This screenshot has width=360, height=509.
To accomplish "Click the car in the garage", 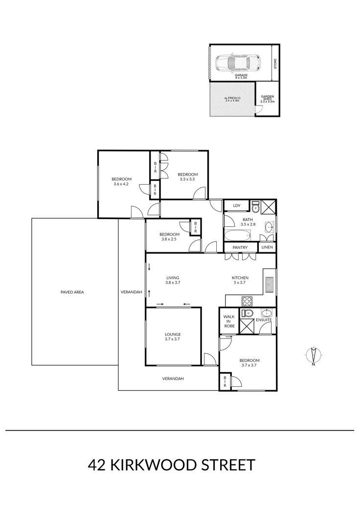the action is pos(238,62).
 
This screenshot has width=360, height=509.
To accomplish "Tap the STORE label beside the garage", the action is pos(275,63).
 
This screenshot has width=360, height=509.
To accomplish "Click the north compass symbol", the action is pos(314,355).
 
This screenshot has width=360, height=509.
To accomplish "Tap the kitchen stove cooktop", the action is pos(247,301).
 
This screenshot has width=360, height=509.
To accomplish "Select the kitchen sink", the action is pos(270,284).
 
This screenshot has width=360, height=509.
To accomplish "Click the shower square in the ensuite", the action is pos(247,326).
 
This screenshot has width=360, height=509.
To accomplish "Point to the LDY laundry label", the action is pos(237,205).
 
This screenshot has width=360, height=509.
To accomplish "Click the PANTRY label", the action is pos(240,247).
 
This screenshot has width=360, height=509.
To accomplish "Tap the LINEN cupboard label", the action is pos(267,247).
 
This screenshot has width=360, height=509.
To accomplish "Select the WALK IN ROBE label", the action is pos(229,321).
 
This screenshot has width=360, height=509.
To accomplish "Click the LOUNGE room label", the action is pos(173,334).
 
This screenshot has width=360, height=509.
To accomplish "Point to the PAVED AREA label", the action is pos(72,292).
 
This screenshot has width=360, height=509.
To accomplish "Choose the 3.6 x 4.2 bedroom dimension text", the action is pos(121,184).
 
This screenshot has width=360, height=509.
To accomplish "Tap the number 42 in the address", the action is pos(97,465).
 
